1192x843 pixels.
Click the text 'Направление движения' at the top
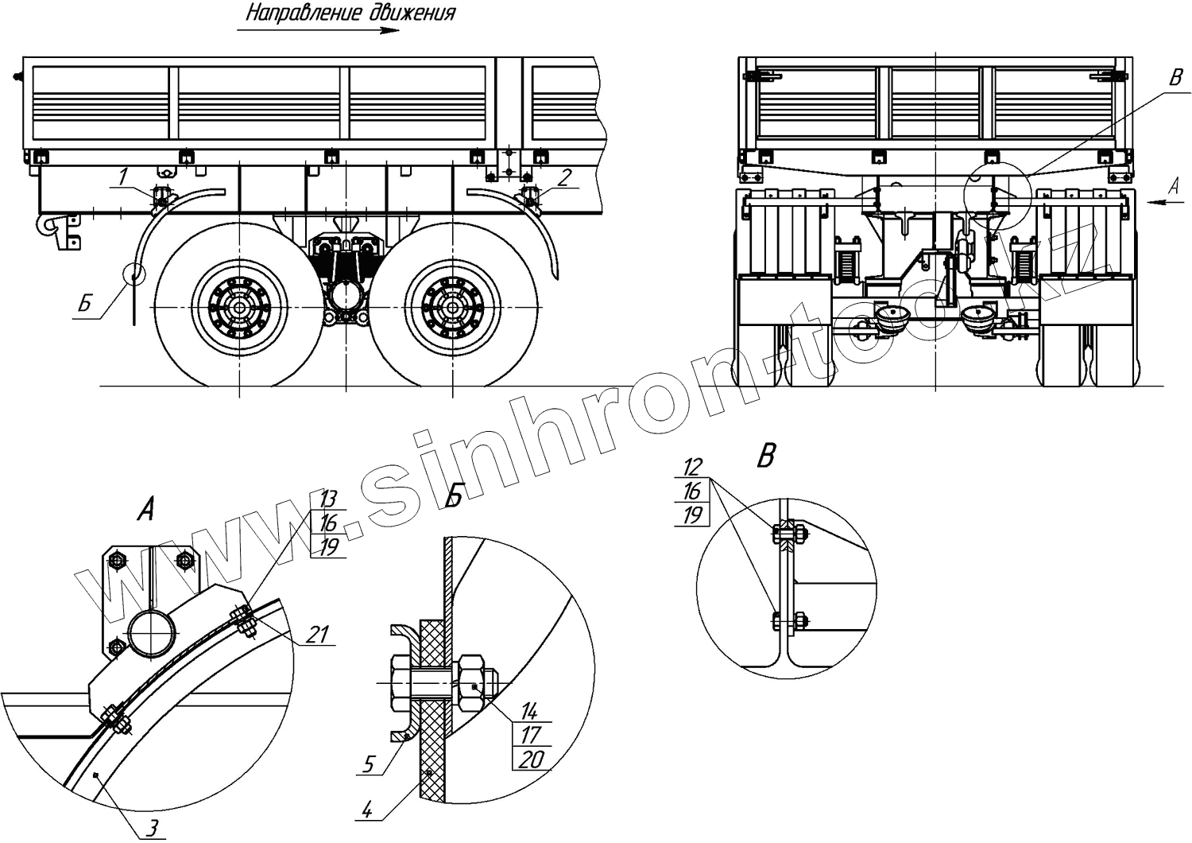click(350, 13)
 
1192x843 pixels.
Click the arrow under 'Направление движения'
click(318, 31)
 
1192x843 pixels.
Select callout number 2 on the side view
click(563, 177)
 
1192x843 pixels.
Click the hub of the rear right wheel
click(451, 308)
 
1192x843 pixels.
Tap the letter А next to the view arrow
click(1175, 185)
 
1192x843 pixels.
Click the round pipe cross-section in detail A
click(152, 631)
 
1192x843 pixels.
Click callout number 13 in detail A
click(328, 499)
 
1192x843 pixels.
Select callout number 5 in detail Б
click(369, 764)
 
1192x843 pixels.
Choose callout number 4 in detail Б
click(367, 810)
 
